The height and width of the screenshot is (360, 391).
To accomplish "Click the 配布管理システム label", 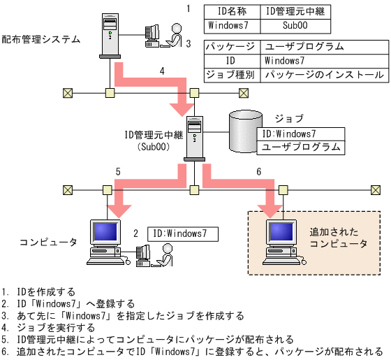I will [41, 40].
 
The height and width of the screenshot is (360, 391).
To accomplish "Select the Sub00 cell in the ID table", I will [293, 27].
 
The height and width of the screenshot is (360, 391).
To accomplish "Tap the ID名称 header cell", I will [231, 11].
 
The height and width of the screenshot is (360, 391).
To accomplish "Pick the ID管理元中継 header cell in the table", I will [293, 11].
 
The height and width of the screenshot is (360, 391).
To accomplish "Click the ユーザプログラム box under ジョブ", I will [301, 147].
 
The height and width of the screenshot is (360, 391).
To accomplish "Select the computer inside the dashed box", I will [279, 242].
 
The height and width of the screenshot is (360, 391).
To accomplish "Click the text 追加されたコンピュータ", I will [338, 238].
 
